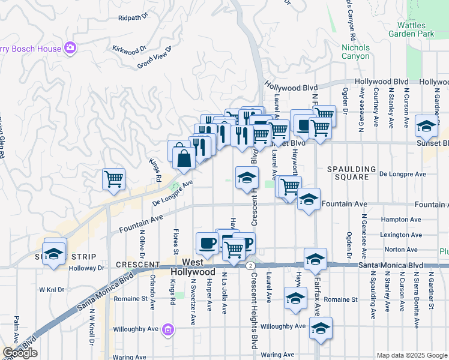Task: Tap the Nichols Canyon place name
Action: (355, 52)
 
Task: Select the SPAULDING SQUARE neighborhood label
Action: (351, 173)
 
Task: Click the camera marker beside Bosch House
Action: (71, 48)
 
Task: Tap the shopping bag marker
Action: (184, 158)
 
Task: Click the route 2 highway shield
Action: (249, 265)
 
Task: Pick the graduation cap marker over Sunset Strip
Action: (54, 253)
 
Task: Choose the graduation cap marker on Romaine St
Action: (295, 298)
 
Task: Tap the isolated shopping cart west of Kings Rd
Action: (113, 179)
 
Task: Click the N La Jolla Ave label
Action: (224, 293)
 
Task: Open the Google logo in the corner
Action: (20, 353)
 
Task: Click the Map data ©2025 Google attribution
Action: (412, 355)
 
